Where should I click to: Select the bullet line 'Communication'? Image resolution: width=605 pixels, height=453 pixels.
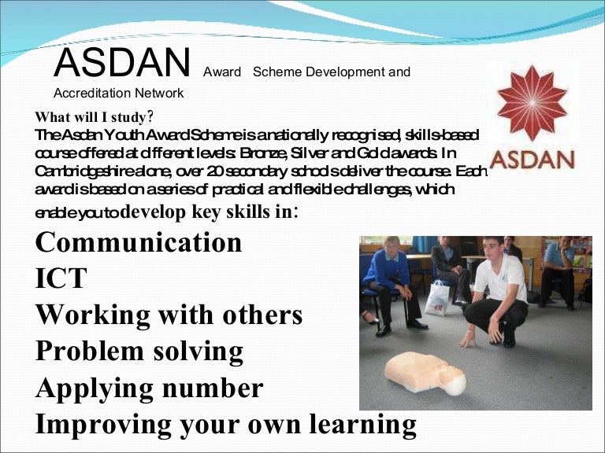click(139, 242)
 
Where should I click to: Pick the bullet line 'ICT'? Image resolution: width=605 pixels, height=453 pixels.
click(61, 278)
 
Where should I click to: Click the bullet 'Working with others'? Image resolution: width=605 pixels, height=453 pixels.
click(169, 315)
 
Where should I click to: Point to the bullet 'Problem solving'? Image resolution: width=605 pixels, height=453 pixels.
click(139, 352)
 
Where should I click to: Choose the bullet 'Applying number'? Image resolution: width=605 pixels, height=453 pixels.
click(149, 388)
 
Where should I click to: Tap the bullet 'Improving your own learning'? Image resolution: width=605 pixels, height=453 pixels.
click(225, 424)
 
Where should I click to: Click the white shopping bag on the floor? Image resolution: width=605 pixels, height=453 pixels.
click(436, 297)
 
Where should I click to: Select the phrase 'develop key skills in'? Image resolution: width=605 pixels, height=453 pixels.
click(210, 212)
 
